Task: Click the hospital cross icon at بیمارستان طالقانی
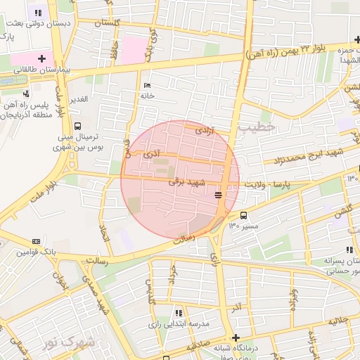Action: [x=41, y=58]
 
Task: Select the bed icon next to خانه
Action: [x=146, y=85]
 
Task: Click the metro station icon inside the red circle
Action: [x=219, y=194]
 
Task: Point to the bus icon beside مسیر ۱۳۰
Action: [x=244, y=216]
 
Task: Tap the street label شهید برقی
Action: [x=186, y=182]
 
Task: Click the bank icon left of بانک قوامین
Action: [x=37, y=240]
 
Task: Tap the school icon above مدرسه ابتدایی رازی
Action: [x=179, y=312]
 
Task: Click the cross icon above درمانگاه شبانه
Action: [x=236, y=337]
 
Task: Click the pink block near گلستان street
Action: [x=134, y=49]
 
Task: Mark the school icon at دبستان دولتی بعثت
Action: [x=37, y=13]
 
